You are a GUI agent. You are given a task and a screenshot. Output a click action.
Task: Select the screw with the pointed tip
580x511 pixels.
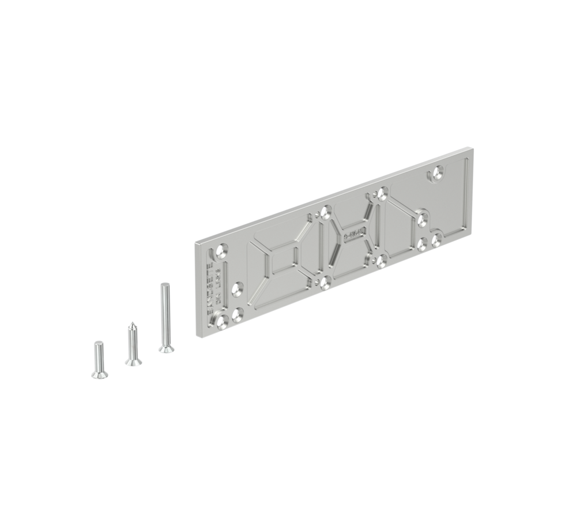coord(133,344)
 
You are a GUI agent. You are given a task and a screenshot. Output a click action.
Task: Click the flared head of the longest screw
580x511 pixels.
coord(166,348)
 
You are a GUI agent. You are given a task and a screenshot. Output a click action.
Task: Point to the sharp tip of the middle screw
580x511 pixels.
coord(132,324)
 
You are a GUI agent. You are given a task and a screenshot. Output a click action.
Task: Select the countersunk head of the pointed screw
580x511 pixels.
coord(133,361)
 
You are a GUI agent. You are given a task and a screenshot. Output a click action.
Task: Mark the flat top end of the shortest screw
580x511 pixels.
coord(97,344)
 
